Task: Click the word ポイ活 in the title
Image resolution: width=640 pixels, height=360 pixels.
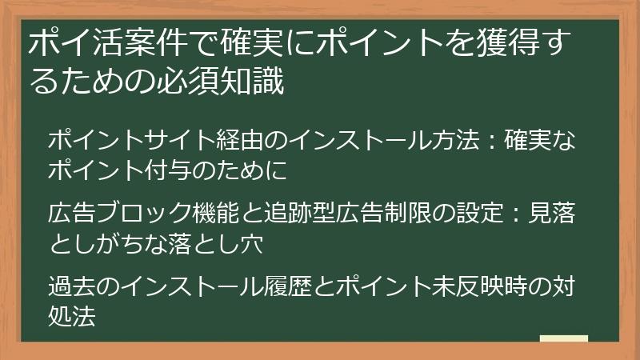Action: point(72,45)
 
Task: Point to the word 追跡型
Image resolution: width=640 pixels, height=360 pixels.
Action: point(299,214)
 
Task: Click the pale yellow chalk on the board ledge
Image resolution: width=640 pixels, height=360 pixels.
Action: point(563,340)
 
